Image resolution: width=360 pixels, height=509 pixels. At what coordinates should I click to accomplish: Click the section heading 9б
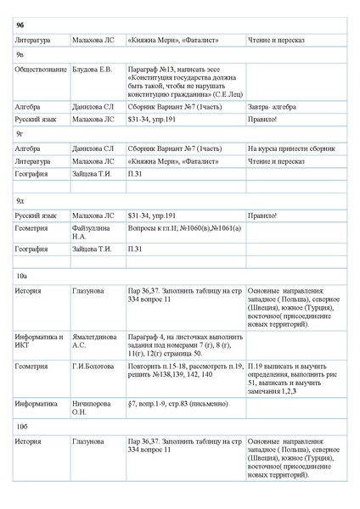[x=20, y=25]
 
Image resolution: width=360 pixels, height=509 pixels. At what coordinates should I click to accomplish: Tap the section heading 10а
[x=22, y=276]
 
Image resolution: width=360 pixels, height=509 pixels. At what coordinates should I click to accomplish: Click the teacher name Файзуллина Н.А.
[x=92, y=232]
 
